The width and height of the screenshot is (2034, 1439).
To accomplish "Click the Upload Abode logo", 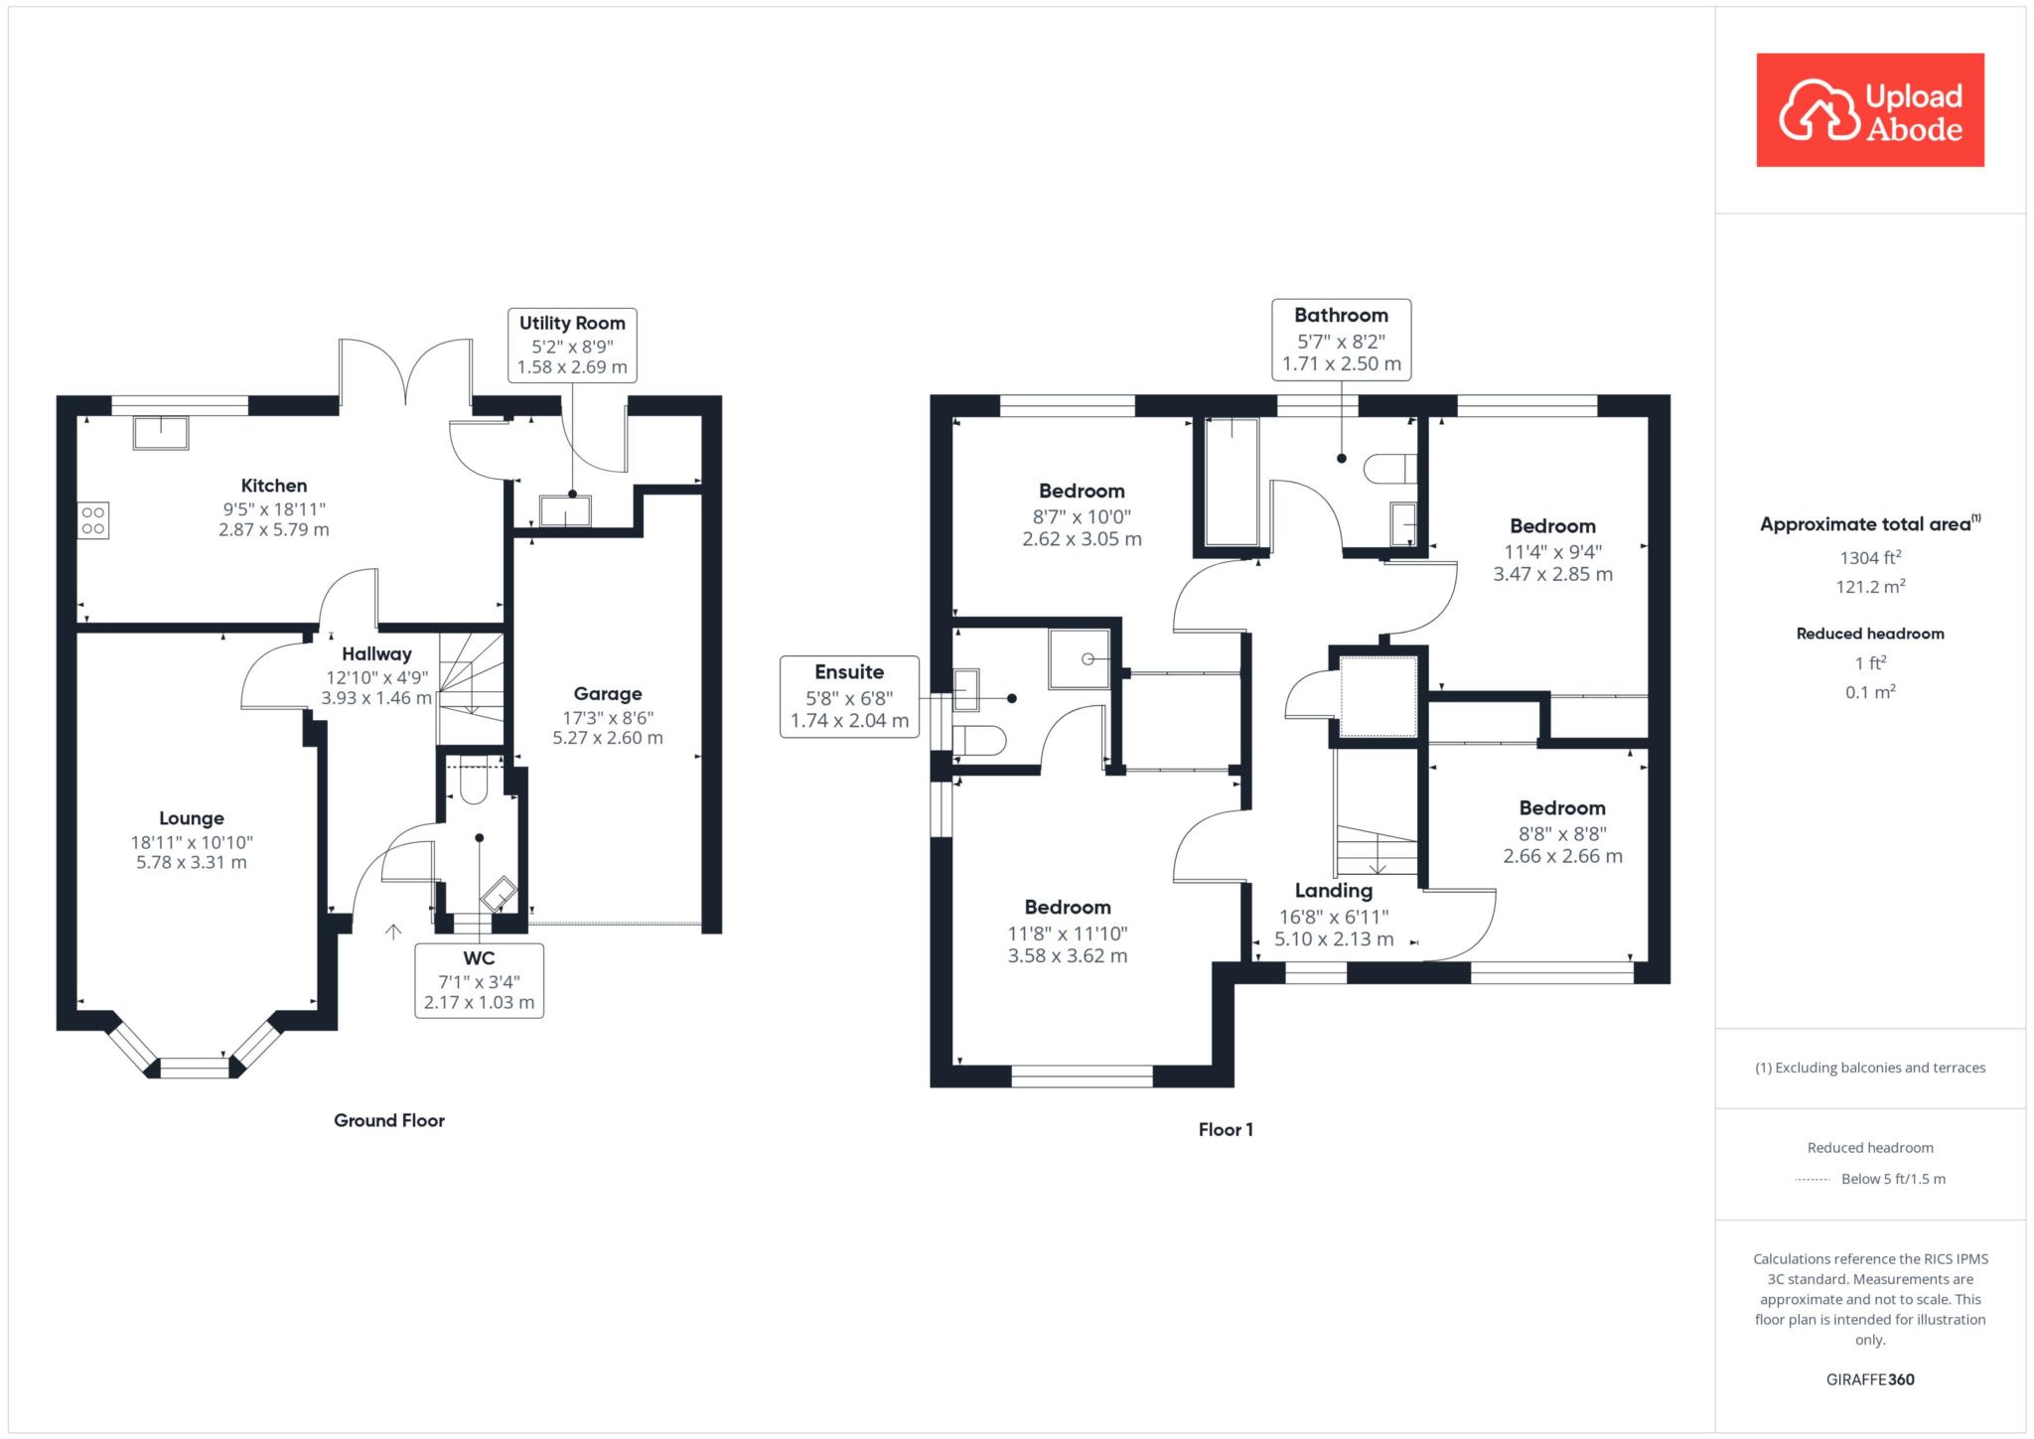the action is (x=1870, y=110).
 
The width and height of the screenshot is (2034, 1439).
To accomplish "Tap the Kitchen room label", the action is (x=274, y=486).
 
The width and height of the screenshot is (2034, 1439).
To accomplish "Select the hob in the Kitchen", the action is (x=93, y=520).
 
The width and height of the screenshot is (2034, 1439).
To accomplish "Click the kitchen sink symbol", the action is (x=161, y=433).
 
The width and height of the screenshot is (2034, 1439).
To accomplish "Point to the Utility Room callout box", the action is (x=572, y=345).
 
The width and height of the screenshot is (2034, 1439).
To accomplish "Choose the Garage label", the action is (x=608, y=694).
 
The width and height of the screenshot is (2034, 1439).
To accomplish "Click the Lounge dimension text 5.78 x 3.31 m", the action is (x=192, y=863).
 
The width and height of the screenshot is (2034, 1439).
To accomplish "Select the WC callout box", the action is (x=479, y=980).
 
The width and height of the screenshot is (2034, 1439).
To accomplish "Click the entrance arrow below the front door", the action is (x=393, y=931).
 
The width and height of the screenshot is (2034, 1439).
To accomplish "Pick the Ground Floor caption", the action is (x=389, y=1120).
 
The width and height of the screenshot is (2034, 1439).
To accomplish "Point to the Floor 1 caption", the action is (x=1226, y=1129).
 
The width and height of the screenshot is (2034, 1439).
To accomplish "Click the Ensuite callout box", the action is (x=849, y=696).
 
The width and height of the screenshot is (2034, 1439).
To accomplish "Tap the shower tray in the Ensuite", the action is (x=1080, y=658).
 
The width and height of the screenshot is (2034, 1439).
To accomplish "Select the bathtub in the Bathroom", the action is (x=1232, y=482).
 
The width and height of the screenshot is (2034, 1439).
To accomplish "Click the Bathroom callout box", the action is (x=1341, y=339).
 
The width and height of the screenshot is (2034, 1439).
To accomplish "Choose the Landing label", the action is (x=1334, y=891).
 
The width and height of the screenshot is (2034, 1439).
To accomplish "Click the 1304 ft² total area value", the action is (x=1870, y=557).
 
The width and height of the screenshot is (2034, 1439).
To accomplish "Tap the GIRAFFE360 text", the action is (x=1870, y=1379).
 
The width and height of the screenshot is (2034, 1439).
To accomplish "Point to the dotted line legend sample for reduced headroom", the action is (x=1813, y=1180).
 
